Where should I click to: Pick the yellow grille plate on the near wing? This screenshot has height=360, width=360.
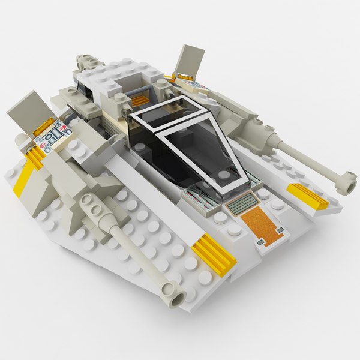pos(214,253)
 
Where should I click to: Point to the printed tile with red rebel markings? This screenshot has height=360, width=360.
pos(52,136)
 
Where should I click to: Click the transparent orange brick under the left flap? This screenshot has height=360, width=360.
pos(43,125)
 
